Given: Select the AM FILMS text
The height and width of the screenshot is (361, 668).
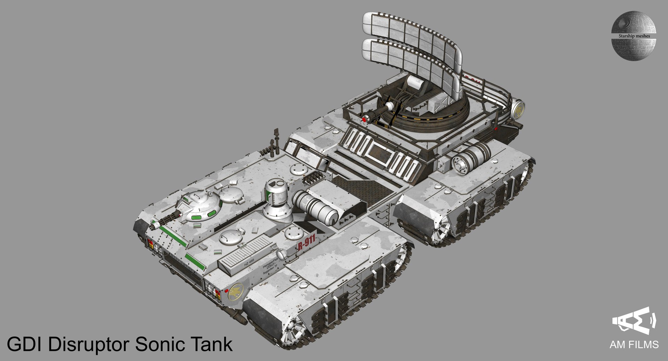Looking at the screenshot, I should pos(634,345).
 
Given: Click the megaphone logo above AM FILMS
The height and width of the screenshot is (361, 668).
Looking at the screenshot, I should pos(634,321).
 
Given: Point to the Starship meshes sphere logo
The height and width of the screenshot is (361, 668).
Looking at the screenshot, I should pos(634,35).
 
